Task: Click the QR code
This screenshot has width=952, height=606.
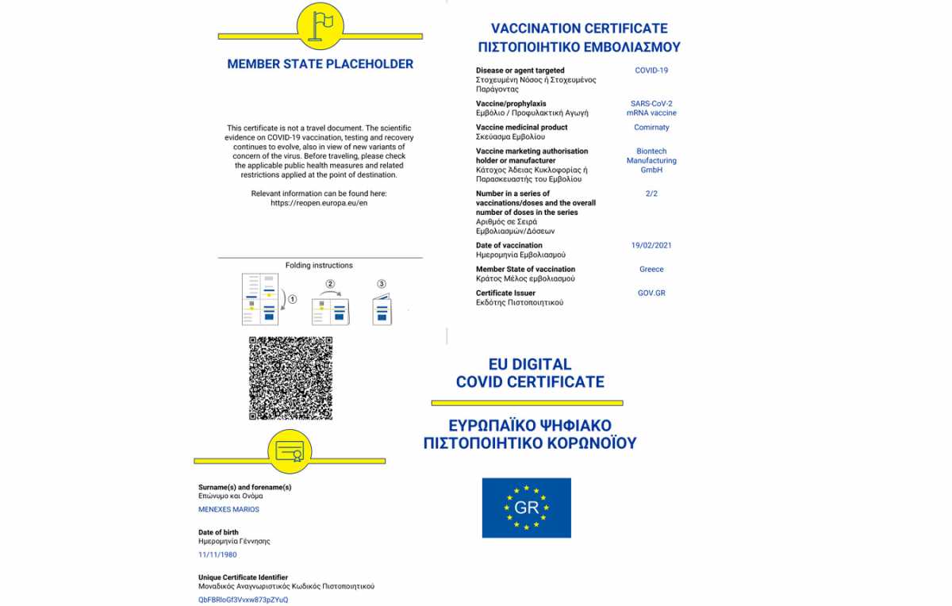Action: click(290, 378)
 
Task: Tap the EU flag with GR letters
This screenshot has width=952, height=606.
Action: click(526, 508)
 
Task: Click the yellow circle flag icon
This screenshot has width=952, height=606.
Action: click(320, 27)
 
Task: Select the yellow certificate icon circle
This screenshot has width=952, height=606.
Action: click(290, 453)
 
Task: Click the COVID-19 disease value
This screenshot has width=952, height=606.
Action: click(651, 71)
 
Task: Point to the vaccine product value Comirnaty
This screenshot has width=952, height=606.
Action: click(651, 128)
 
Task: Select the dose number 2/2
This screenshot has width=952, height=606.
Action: click(651, 194)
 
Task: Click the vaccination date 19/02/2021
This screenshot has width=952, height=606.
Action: click(651, 246)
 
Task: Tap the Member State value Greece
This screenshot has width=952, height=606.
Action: click(651, 270)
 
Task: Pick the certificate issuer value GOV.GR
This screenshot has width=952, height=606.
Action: click(651, 293)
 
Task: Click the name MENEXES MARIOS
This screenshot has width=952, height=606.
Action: click(228, 509)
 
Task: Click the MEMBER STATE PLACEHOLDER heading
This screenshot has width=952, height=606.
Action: click(320, 64)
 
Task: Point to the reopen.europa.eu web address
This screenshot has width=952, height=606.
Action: click(319, 203)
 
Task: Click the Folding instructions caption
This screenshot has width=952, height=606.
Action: click(319, 266)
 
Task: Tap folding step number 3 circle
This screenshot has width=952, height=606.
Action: click(382, 284)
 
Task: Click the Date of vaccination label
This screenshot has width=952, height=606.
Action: click(509, 246)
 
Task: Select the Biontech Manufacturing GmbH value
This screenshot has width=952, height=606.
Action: click(651, 161)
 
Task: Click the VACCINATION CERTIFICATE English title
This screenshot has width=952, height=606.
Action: click(579, 29)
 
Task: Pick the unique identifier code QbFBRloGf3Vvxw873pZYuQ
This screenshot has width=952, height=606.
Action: click(243, 600)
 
